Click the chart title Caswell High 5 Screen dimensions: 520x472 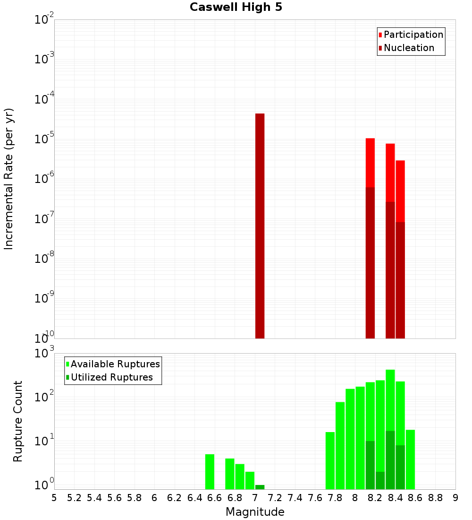[236, 7]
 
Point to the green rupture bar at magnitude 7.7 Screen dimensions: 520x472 [330, 460]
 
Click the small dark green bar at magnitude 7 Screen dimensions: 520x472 [260, 487]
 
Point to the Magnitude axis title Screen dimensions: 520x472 [255, 512]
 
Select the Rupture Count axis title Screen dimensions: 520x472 [18, 421]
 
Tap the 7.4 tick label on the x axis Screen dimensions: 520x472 [295, 498]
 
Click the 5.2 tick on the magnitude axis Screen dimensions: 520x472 [74, 498]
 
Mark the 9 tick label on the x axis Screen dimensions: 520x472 [455, 498]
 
